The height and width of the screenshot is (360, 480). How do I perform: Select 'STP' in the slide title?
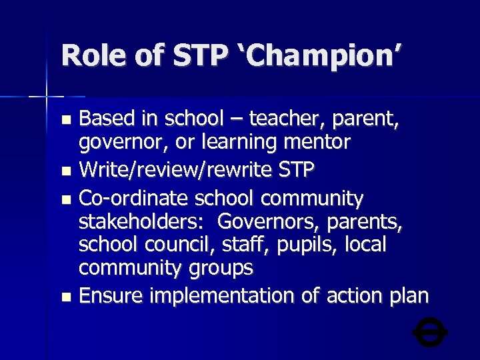coord(200,55)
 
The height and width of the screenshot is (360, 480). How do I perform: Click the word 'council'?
coord(189,245)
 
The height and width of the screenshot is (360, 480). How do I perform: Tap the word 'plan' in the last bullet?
coord(407,296)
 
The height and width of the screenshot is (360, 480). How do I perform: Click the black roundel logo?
coord(430,331)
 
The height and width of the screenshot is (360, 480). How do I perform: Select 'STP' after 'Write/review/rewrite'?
coord(294,171)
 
